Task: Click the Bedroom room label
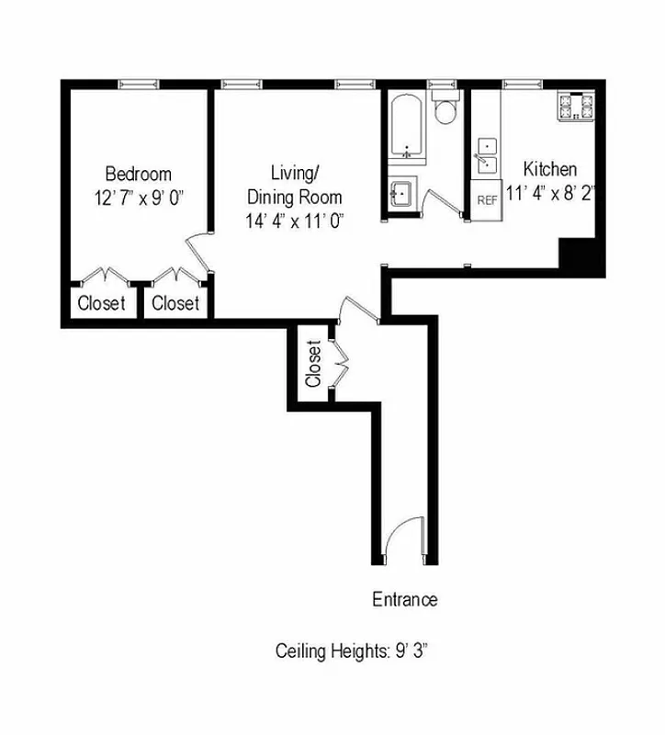tap(138, 174)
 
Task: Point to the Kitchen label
tap(549, 169)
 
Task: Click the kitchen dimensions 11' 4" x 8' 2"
tap(550, 193)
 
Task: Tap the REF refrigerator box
tap(488, 199)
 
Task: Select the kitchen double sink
tap(486, 155)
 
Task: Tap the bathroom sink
tap(400, 194)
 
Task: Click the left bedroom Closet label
tap(101, 303)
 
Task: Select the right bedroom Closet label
tap(175, 303)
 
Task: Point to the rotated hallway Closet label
tap(313, 364)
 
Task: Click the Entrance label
tap(404, 600)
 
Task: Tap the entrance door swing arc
tap(401, 537)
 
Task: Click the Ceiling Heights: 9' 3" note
tap(354, 651)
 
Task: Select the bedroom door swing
tap(198, 252)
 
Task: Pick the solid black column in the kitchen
tap(580, 255)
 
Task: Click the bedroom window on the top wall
tap(138, 85)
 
